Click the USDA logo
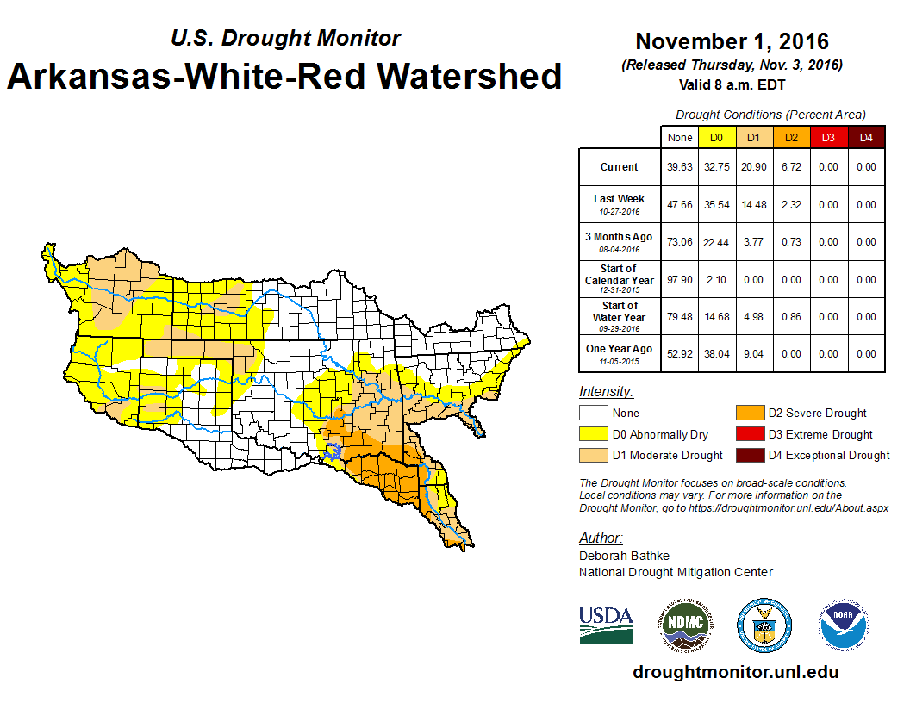(606, 625)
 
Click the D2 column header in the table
(790, 137)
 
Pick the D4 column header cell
(865, 137)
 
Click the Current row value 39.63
(680, 167)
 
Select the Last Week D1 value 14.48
(753, 205)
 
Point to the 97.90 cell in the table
(680, 280)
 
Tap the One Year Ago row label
(620, 349)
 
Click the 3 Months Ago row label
(620, 237)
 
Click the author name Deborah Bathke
(624, 556)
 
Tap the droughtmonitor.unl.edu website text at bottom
(735, 672)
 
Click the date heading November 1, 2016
(732, 41)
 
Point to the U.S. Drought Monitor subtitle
(286, 38)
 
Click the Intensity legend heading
(606, 392)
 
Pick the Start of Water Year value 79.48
(680, 317)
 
